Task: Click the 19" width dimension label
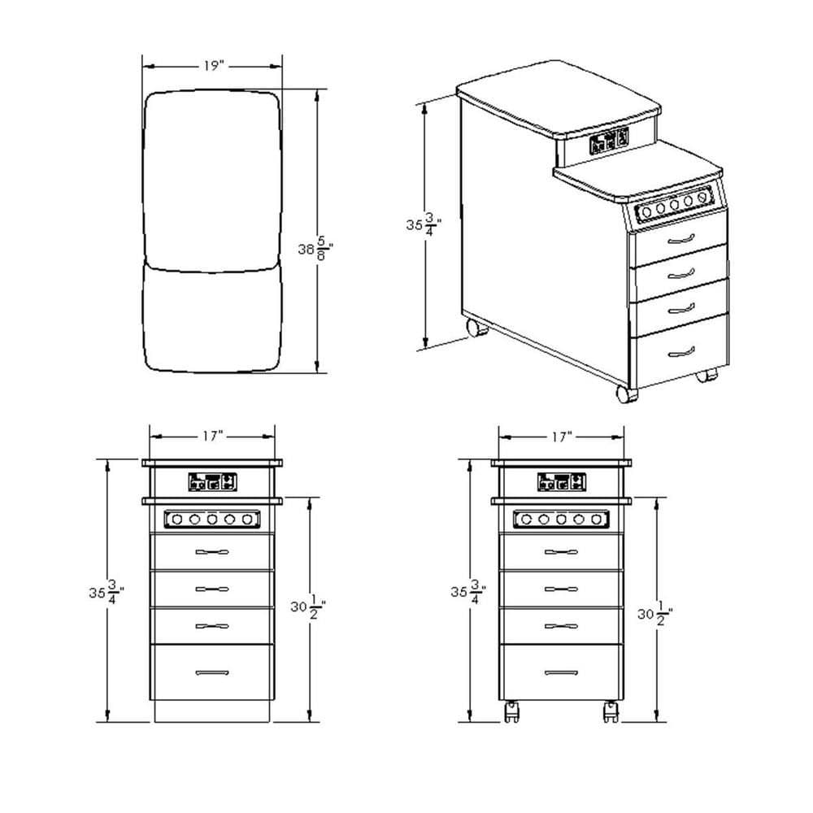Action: click(212, 67)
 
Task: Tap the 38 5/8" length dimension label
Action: click(315, 249)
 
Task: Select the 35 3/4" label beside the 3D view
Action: click(424, 224)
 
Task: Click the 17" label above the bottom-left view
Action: click(212, 436)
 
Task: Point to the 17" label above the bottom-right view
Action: click(562, 437)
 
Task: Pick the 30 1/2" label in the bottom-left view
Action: click(308, 606)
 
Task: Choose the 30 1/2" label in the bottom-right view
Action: click(654, 614)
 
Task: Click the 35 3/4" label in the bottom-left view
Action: click(107, 592)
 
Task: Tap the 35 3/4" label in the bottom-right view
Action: click(468, 592)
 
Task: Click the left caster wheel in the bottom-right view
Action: click(511, 711)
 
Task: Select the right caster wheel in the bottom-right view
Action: click(611, 711)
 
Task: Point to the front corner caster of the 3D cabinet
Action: click(626, 393)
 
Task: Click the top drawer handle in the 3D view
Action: click(681, 239)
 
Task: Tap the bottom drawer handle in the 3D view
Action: click(681, 352)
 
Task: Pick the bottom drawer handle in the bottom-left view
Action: click(212, 672)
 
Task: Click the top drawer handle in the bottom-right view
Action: click(561, 552)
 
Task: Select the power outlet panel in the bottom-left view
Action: click(212, 482)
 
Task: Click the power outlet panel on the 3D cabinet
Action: click(609, 140)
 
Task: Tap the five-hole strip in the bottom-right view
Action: click(561, 519)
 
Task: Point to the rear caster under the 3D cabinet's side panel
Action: click(477, 328)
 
